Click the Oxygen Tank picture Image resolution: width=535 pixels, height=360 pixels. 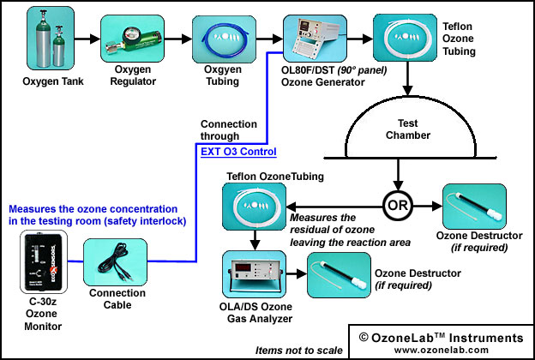coord(51,39)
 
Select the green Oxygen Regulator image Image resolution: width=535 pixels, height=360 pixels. coord(132,39)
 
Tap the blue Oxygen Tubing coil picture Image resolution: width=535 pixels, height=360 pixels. coord(224,39)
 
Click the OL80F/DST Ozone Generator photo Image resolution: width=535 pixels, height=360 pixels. coord(315,39)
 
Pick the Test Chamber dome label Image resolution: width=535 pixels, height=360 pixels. coord(408,129)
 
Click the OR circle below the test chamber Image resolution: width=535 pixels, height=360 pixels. coord(398,206)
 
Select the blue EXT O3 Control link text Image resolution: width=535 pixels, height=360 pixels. coord(238,152)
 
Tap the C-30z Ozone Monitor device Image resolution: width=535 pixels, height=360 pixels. coord(44,261)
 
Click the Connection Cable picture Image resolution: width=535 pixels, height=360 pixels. coord(116,262)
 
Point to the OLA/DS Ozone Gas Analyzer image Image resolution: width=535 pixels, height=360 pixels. coord(254,274)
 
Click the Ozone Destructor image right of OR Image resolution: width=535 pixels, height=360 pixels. coord(474,207)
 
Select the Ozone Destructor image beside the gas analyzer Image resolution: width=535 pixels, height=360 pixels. coord(339,275)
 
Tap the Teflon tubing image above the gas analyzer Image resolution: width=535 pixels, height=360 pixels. coord(254,207)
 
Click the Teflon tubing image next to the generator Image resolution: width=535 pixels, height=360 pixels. coord(405,38)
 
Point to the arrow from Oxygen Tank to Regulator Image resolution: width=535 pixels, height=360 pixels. coord(87,39)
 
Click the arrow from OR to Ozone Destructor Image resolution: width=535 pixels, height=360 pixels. coord(428,206)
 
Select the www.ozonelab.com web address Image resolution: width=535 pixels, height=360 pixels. coord(442,350)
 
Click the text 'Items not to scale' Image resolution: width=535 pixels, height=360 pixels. coord(299,351)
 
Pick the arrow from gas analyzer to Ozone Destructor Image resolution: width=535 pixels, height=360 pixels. coord(297,273)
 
